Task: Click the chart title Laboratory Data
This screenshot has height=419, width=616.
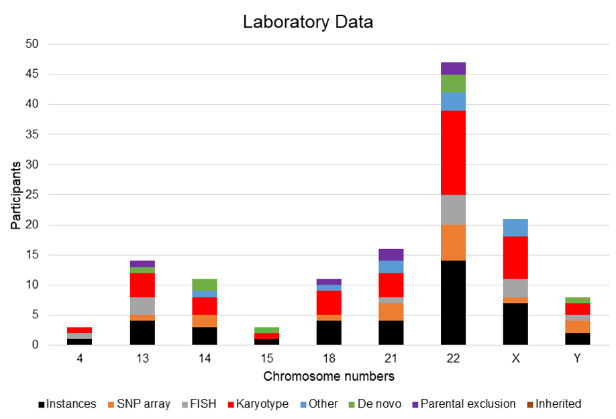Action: (x=308, y=21)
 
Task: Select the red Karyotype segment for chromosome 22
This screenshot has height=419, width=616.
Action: (x=453, y=152)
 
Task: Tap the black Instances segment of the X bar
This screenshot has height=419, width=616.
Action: (x=515, y=324)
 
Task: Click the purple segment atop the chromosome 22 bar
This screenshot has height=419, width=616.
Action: (x=453, y=68)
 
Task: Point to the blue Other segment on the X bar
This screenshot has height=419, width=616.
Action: (x=515, y=228)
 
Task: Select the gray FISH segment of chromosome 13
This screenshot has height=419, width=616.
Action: (x=142, y=306)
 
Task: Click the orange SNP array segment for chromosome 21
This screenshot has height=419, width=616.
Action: (x=391, y=312)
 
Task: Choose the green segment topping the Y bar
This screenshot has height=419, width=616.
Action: (x=578, y=300)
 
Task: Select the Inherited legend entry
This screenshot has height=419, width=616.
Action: (x=557, y=404)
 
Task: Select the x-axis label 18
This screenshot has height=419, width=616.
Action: (x=329, y=359)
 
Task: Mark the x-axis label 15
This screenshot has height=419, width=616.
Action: (x=266, y=359)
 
